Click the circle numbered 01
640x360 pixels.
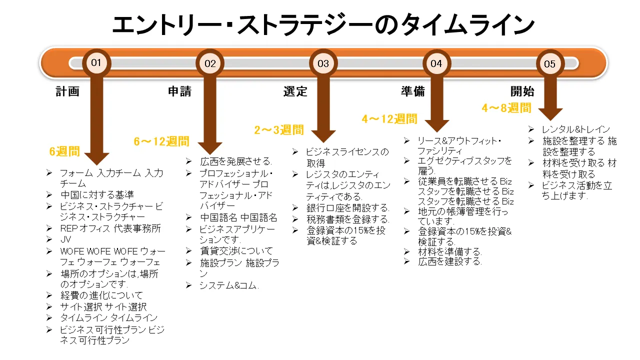[96, 63]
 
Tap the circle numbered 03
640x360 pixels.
[323, 63]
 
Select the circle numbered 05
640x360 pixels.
[549, 64]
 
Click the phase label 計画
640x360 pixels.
[67, 91]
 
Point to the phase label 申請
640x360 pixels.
[179, 91]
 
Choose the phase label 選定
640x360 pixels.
[295, 91]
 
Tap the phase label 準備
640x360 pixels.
[413, 91]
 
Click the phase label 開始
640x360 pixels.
[522, 91]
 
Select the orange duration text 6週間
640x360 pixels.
[64, 151]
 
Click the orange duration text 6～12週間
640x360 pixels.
[161, 141]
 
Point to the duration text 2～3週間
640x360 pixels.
[279, 130]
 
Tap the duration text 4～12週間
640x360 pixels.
[389, 119]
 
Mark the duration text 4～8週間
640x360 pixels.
[506, 107]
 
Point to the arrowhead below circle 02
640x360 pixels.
[209, 147]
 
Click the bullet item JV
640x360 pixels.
[65, 240]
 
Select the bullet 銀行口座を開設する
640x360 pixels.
[347, 208]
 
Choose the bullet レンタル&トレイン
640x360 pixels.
[576, 129]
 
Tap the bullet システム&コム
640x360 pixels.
[228, 285]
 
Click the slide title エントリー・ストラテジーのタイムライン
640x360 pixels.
[320, 25]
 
